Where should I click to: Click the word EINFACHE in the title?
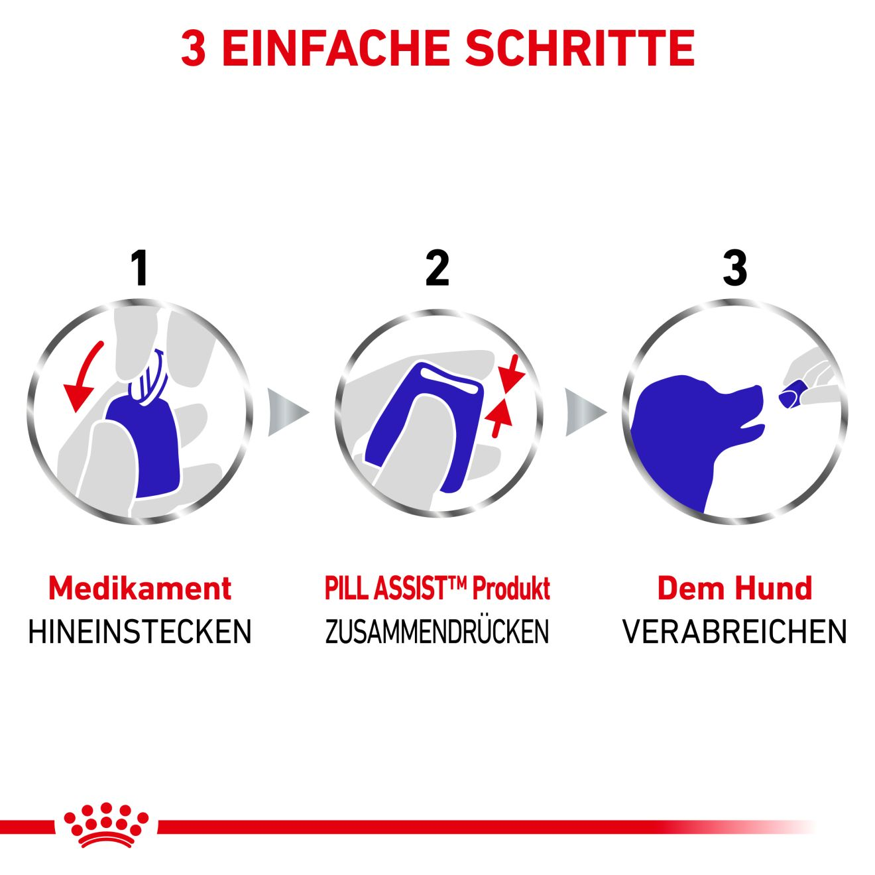point(337,48)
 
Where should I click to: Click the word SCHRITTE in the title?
point(580,48)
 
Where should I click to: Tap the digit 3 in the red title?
point(194,48)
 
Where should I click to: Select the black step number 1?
point(140,268)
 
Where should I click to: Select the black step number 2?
point(437,268)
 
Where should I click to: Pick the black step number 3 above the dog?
point(734,268)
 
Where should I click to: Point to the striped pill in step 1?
point(148,379)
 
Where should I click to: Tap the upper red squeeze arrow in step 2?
point(511,374)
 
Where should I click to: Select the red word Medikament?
point(140,589)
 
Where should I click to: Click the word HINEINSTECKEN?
point(140,632)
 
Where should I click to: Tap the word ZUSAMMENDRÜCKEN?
point(437,632)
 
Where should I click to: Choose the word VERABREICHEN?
point(734,632)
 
